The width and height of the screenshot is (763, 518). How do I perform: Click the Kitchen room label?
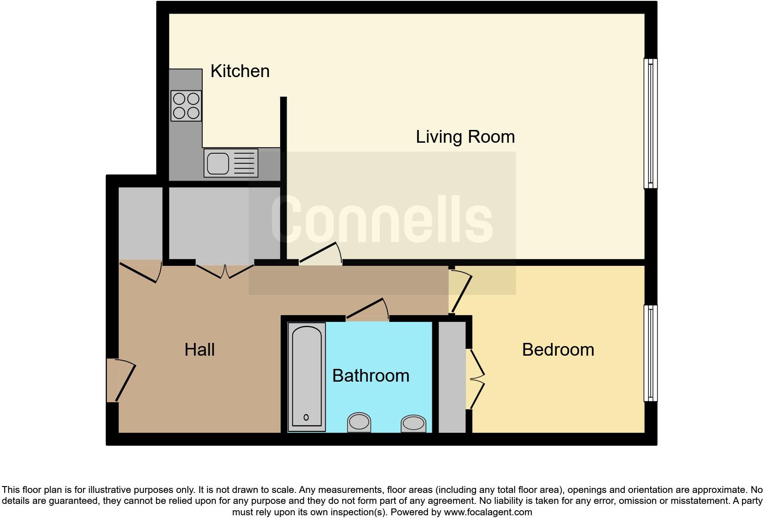coord(240,71)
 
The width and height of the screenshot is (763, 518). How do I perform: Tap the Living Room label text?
coord(465,137)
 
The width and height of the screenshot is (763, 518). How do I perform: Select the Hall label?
coord(199,350)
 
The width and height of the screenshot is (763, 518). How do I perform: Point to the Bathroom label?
coord(371,376)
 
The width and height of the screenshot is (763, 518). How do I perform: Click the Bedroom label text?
coord(558,350)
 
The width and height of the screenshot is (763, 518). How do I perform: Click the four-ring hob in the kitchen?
coord(186,106)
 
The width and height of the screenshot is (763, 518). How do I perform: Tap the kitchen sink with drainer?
coord(231,163)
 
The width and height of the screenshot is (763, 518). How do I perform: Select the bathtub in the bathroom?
coord(306,377)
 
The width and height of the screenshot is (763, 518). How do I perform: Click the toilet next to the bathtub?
coord(359,422)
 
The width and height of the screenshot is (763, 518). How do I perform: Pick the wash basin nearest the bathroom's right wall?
coord(413,424)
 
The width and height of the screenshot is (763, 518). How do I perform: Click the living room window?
coord(650,123)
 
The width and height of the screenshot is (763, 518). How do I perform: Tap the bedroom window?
coord(650,353)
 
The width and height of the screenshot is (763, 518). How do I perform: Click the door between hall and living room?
coord(320,254)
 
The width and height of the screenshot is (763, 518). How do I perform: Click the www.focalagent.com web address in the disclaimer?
coord(487,512)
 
